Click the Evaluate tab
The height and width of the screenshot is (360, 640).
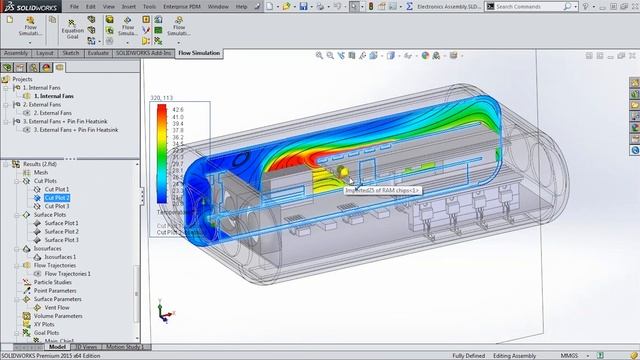point(99,53)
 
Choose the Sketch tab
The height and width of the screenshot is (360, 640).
point(71,53)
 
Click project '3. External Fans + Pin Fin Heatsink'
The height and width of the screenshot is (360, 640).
point(76,129)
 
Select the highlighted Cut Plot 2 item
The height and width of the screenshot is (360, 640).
point(56,198)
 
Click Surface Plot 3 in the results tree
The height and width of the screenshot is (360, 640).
point(62,240)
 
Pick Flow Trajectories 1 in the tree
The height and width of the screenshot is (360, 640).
point(68,273)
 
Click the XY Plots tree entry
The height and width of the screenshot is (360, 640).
point(44,324)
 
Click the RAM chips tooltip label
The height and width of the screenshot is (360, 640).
point(385,190)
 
